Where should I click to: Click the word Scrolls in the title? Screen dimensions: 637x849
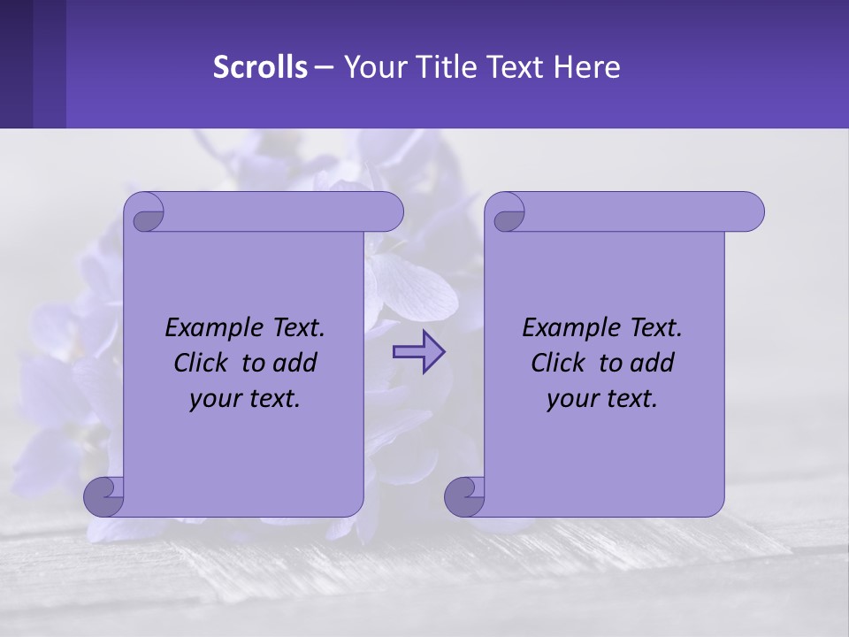[x=260, y=67]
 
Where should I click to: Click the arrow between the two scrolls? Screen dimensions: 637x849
[x=418, y=352]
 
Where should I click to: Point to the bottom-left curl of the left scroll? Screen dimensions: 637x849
[x=103, y=496]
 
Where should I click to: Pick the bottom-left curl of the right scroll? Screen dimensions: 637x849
[x=463, y=496]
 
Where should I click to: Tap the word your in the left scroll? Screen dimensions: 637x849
[x=212, y=399]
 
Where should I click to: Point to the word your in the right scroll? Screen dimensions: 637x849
[x=570, y=399]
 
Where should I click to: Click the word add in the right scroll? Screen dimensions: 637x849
[x=649, y=363]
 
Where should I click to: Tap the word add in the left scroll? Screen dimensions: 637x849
[x=292, y=363]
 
